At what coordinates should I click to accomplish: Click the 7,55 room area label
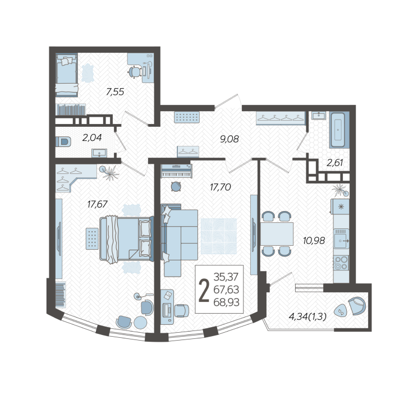pyautogui.click(x=115, y=91)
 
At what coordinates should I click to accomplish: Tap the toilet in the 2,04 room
pyautogui.click(x=63, y=142)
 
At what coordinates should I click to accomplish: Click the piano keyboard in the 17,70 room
pyautogui.click(x=177, y=171)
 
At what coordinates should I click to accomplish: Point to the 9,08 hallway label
pyautogui.click(x=229, y=139)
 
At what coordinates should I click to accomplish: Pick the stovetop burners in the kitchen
pyautogui.click(x=341, y=263)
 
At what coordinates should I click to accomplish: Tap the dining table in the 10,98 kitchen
pyautogui.click(x=277, y=233)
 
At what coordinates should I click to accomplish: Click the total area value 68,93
pyautogui.click(x=227, y=302)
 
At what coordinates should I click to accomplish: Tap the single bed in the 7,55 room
pyautogui.click(x=67, y=75)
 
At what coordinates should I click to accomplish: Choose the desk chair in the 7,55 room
pyautogui.click(x=135, y=71)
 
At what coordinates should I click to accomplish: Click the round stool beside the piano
pyautogui.click(x=176, y=186)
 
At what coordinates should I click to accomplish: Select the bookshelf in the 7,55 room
pyautogui.click(x=71, y=109)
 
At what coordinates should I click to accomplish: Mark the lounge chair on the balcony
pyautogui.click(x=357, y=306)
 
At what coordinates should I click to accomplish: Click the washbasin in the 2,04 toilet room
pyautogui.click(x=99, y=153)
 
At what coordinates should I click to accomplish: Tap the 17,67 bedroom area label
pyautogui.click(x=97, y=204)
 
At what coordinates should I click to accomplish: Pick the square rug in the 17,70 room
pyautogui.click(x=219, y=236)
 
